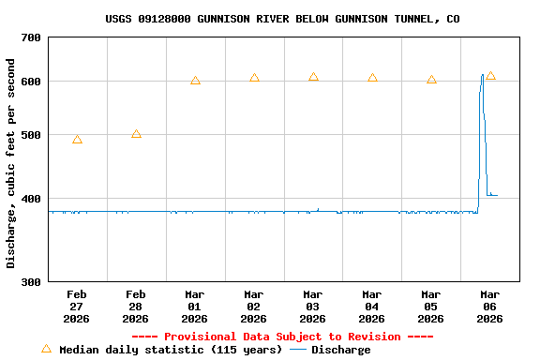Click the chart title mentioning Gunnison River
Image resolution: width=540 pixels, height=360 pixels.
point(282,19)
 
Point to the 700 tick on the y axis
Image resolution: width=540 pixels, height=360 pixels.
point(31,37)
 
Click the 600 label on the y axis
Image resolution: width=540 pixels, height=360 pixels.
point(31,82)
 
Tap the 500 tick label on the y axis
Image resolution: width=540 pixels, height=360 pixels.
point(31,135)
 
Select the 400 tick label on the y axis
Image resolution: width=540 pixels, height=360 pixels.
point(31,199)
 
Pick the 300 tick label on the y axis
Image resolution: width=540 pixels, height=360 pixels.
point(31,281)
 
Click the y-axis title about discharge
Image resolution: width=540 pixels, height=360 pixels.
point(11,163)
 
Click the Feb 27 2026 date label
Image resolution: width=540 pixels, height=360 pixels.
point(77,306)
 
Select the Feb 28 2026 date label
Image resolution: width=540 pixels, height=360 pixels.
point(136,306)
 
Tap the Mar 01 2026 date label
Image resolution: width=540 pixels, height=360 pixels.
point(195,306)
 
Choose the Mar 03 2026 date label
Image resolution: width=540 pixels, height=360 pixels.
point(313,306)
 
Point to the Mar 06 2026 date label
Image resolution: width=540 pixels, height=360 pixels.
point(490,306)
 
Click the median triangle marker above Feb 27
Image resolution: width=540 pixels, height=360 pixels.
point(77,140)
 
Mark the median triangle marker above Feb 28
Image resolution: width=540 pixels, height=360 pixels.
point(136,134)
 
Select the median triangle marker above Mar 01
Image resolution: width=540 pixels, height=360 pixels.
point(195,81)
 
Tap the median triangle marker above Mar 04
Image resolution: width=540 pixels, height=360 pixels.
point(372,78)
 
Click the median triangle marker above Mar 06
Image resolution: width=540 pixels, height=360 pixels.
point(490,76)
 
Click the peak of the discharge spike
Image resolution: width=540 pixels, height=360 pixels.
point(483,75)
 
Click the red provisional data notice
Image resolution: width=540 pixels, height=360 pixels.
point(282,337)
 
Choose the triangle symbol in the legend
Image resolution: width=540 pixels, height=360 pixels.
point(46,349)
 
